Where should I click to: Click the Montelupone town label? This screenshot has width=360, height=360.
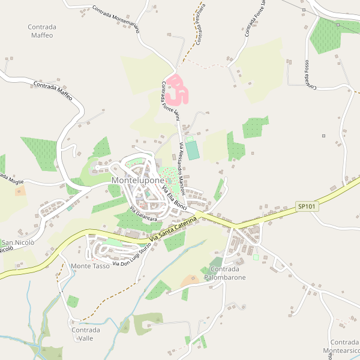(137, 180)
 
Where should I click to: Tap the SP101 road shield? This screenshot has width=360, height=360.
(306, 206)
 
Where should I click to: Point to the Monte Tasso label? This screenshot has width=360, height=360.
(90, 266)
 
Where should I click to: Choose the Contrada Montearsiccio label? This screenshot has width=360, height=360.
(341, 346)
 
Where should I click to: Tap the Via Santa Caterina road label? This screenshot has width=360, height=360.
(173, 230)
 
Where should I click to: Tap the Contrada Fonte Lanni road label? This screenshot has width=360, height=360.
(170, 101)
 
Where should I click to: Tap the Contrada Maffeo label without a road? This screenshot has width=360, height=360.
(41, 31)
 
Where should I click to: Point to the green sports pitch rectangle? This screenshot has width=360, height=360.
(192, 149)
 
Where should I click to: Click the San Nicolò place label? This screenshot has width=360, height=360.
(17, 242)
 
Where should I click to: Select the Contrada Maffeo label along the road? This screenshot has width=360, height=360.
(53, 90)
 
